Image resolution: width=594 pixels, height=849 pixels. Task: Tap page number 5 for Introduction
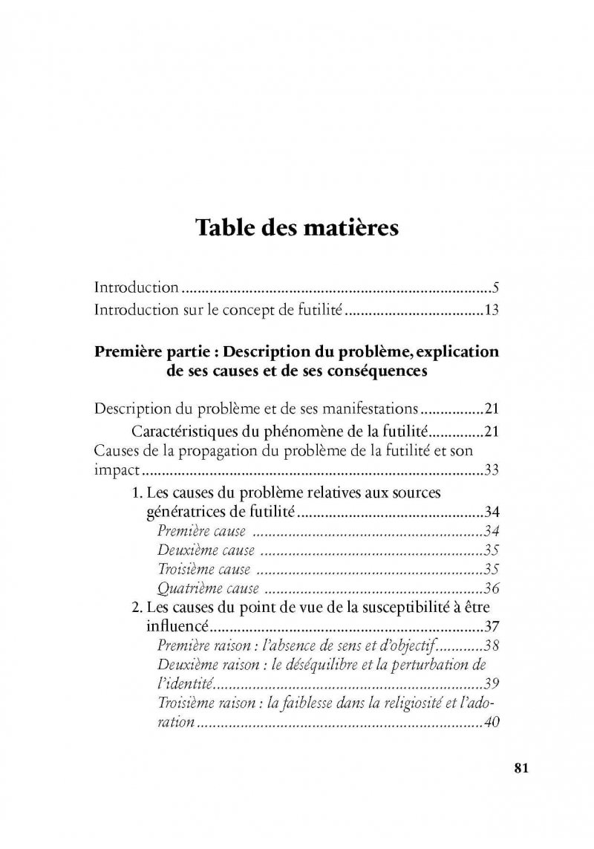pos(494,287)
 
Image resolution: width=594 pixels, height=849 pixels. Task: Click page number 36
pos(489,589)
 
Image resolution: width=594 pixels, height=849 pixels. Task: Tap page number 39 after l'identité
pos(489,685)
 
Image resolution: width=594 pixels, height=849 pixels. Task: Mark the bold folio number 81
pos(520,768)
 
